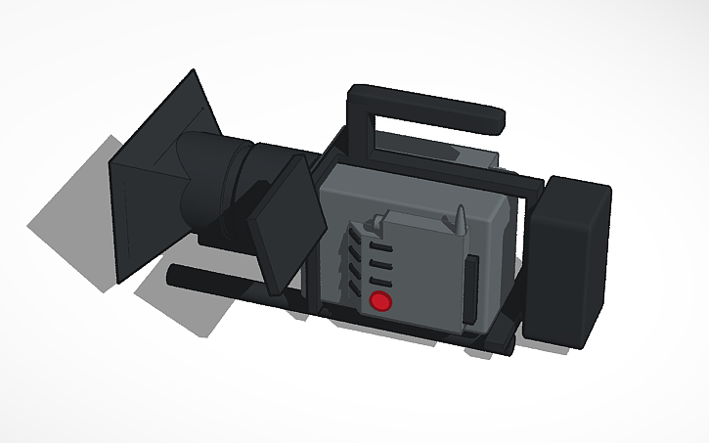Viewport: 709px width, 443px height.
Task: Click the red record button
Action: click(x=381, y=301)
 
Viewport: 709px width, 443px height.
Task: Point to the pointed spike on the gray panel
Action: click(x=460, y=217)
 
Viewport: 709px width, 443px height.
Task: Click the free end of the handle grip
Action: click(x=498, y=121)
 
